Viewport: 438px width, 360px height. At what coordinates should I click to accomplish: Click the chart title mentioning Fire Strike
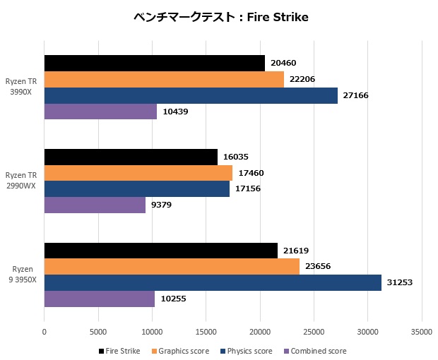[221, 17]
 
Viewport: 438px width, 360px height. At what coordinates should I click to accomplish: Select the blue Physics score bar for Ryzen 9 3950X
[213, 282]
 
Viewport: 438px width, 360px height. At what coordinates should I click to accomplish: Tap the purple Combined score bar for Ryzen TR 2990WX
[95, 205]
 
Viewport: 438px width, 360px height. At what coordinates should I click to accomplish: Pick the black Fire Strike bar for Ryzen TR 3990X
[154, 63]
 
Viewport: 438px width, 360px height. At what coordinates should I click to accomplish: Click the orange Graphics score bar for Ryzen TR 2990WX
[138, 173]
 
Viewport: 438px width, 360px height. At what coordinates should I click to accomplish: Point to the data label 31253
[399, 282]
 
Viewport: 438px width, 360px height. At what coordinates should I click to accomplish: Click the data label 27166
[355, 95]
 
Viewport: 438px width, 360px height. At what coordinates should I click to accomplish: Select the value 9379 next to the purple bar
[162, 205]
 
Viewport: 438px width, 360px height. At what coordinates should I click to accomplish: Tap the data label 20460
[283, 63]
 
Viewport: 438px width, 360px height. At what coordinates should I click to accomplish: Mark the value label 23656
[317, 267]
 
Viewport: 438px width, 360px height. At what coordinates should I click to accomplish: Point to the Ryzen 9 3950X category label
[21, 275]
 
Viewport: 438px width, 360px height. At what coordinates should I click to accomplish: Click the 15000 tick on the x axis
[206, 330]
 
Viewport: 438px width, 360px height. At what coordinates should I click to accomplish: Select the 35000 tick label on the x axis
[422, 330]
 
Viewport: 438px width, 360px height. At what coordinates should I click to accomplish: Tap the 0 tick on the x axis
[45, 330]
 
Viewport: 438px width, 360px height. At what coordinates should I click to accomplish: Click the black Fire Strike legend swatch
[101, 351]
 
